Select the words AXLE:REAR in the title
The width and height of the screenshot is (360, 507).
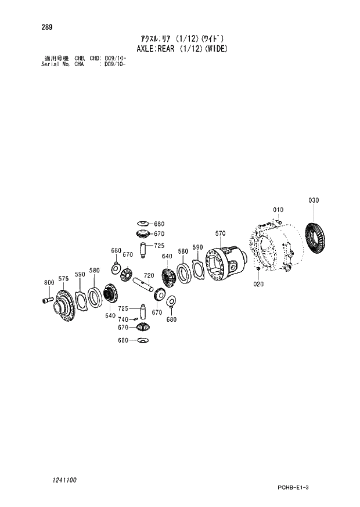tap(154, 49)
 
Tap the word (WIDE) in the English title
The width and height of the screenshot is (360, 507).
tap(214, 49)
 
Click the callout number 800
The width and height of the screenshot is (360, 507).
tap(49, 283)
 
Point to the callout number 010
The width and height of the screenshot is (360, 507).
tap(278, 210)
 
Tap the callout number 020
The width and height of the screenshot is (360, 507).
tap(258, 284)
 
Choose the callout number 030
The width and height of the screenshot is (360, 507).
tap(314, 200)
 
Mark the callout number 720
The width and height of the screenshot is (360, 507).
tap(149, 275)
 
